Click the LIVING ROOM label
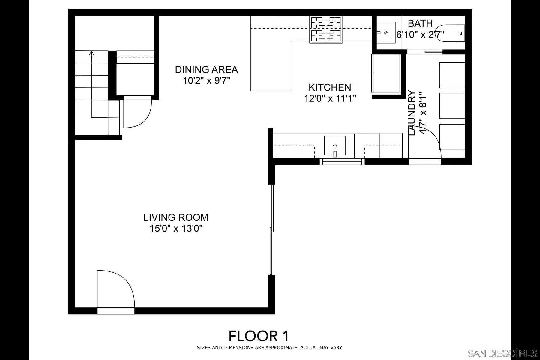click(176, 217)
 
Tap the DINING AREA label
click(206, 70)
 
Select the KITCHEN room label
click(330, 87)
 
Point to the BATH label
click(420, 23)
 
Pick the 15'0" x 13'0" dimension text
click(176, 229)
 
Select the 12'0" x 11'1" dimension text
click(330, 98)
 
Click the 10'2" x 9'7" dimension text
click(207, 81)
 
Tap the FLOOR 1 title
click(259, 336)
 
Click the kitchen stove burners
click(326, 29)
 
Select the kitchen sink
click(335, 146)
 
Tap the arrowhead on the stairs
click(92, 53)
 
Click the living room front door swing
click(116, 289)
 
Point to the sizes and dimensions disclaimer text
click(270, 348)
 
